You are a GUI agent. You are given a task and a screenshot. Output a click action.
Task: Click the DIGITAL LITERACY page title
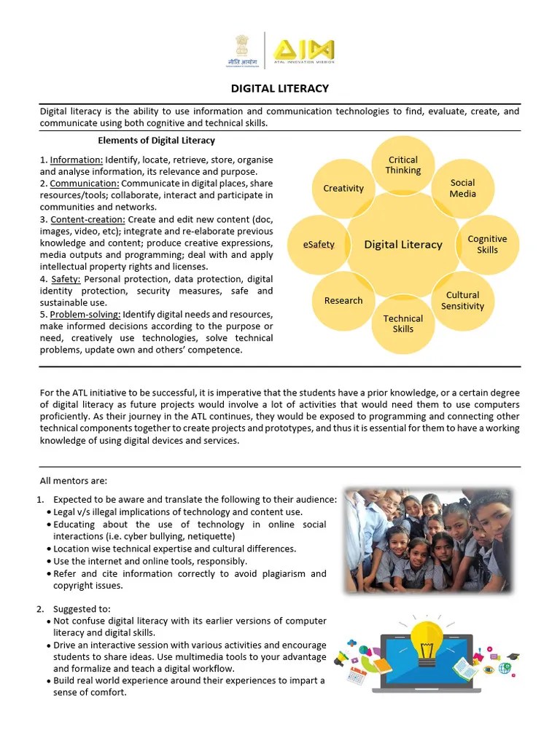tap(280, 88)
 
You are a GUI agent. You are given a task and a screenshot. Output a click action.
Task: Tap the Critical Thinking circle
tap(403, 165)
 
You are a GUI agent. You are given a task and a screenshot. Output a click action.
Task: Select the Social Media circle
tap(462, 188)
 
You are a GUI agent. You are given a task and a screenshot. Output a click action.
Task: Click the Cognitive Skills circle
tap(487, 244)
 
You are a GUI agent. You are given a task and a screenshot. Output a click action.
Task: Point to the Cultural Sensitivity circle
tap(462, 301)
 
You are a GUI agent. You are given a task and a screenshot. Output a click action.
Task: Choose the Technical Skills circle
tap(403, 323)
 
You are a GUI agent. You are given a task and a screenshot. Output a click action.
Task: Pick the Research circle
tap(343, 300)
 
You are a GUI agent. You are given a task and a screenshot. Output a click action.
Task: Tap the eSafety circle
tap(319, 244)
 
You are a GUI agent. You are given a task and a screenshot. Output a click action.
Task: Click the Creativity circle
tap(343, 188)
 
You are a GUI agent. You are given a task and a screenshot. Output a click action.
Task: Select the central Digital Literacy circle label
tap(403, 244)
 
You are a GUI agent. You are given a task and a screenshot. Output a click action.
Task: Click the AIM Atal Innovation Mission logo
tap(303, 51)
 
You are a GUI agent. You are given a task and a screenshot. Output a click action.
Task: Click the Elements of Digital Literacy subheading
tap(157, 140)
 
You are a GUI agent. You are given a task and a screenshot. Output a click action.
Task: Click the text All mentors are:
tap(74, 480)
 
